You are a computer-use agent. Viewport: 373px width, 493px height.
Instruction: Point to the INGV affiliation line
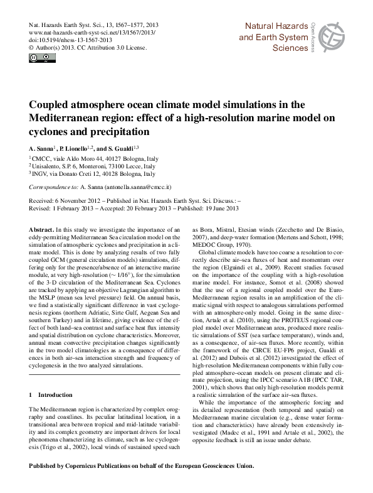(x=79, y=175)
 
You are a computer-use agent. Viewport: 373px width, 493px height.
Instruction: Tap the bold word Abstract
(x=41, y=230)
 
